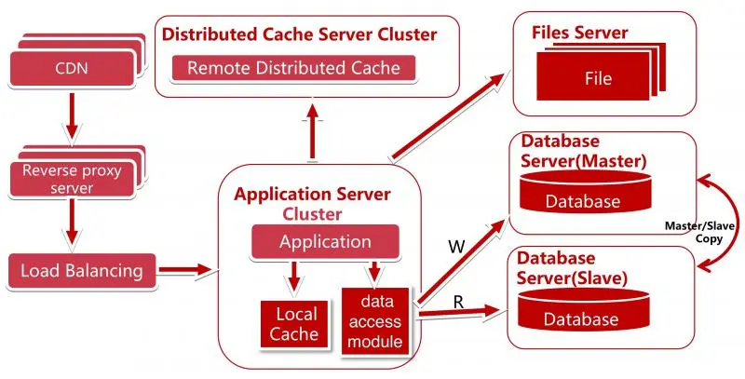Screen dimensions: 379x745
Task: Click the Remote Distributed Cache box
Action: (x=294, y=67)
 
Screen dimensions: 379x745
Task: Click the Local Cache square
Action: (x=295, y=323)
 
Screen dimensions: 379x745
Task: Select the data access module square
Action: (x=376, y=321)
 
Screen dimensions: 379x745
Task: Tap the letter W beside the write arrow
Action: (x=456, y=247)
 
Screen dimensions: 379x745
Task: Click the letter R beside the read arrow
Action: (x=458, y=302)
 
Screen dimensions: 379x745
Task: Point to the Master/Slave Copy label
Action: (x=696, y=232)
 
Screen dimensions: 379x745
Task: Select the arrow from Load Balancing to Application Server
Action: (x=185, y=271)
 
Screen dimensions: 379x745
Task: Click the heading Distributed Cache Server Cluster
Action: (x=299, y=35)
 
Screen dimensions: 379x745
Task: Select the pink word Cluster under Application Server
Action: (x=313, y=213)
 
